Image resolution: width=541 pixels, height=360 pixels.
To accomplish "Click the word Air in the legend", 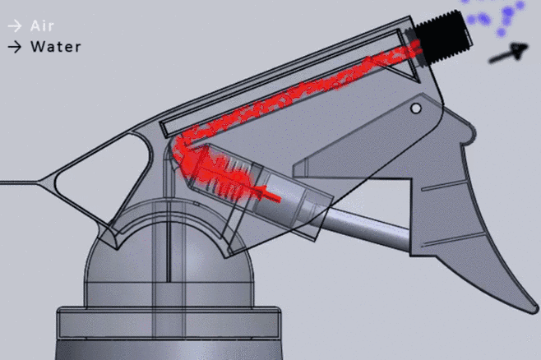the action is [42, 25].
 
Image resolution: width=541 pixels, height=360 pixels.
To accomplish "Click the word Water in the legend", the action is [56, 47].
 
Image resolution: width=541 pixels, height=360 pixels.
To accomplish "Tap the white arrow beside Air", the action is [15, 25].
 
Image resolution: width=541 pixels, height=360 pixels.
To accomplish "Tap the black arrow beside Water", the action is [15, 47].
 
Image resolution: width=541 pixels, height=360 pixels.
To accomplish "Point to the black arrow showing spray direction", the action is [508, 53].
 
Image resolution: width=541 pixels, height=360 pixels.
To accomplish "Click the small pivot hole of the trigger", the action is [416, 108].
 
